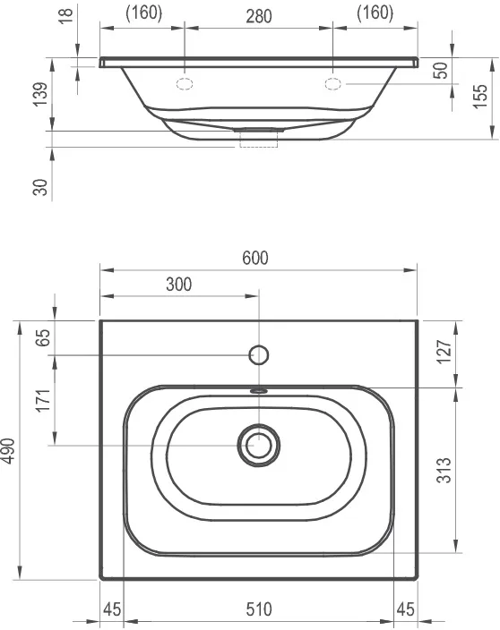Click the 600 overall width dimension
tap(255, 258)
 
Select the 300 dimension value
tap(179, 285)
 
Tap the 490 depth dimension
tap(8, 451)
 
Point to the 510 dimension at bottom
tap(259, 609)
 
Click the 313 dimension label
tap(444, 470)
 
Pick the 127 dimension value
tap(444, 352)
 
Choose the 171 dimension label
tap(43, 400)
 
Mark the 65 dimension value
tap(43, 337)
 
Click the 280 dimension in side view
tap(259, 16)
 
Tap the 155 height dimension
tap(480, 96)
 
